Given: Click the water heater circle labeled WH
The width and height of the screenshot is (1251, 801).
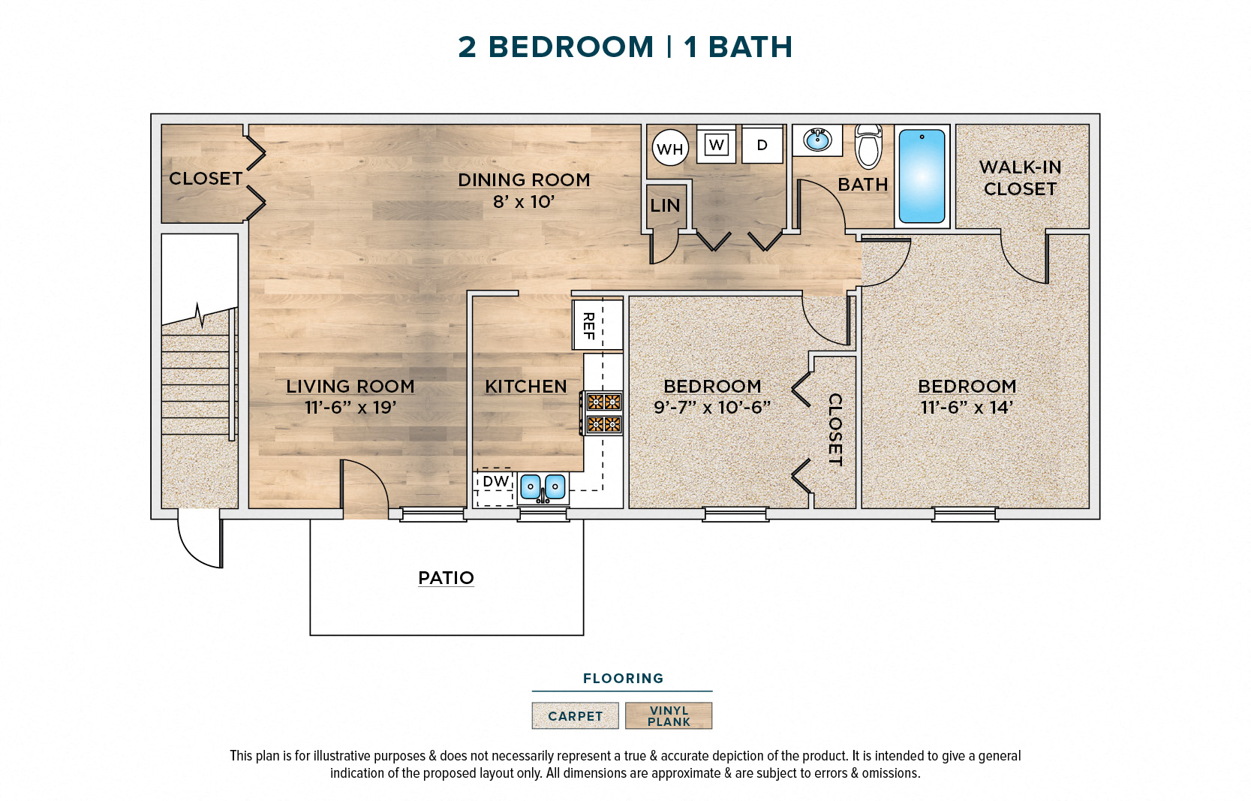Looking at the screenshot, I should pyautogui.click(x=669, y=149).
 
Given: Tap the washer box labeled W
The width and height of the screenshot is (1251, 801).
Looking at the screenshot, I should pyautogui.click(x=716, y=145).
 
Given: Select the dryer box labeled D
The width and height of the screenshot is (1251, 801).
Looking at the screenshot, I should pyautogui.click(x=762, y=145).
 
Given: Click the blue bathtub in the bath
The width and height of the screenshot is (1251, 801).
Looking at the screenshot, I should pyautogui.click(x=922, y=176).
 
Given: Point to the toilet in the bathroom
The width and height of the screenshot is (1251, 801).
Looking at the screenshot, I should pyautogui.click(x=868, y=147).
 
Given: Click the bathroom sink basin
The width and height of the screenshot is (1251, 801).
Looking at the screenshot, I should pyautogui.click(x=817, y=140).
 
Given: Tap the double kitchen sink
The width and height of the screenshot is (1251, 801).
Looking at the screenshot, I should pyautogui.click(x=543, y=487).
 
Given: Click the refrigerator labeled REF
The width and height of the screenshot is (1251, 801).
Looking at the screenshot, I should pyautogui.click(x=597, y=325).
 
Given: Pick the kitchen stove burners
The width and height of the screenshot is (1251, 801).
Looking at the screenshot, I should pyautogui.click(x=603, y=413).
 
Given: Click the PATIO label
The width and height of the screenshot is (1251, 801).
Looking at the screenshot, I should pyautogui.click(x=446, y=578).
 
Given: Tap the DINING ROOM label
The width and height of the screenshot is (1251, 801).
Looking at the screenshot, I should pyautogui.click(x=524, y=180).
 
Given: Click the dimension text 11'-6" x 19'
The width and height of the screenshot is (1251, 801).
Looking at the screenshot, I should pyautogui.click(x=350, y=408).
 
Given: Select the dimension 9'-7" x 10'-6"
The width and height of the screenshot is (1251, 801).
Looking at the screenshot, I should pyautogui.click(x=711, y=408).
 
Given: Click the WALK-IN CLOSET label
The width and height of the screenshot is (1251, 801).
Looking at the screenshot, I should pyautogui.click(x=1020, y=178).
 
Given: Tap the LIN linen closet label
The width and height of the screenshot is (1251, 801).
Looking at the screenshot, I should pyautogui.click(x=665, y=206).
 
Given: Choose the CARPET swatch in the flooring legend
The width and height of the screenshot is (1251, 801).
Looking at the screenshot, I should pyautogui.click(x=575, y=716).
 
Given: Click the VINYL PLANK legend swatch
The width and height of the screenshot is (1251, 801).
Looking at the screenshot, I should pyautogui.click(x=669, y=716).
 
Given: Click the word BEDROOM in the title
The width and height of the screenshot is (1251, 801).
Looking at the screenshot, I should pyautogui.click(x=571, y=47).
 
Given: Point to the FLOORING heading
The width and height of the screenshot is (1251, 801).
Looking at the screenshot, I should pyautogui.click(x=623, y=679).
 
